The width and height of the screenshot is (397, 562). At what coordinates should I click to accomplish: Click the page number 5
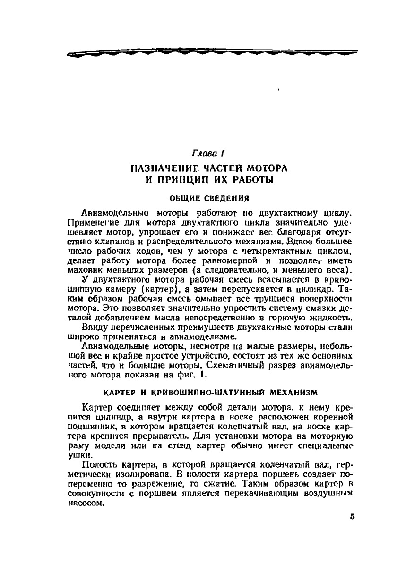(352, 517)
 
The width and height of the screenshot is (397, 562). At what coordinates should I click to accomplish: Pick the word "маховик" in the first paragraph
(85, 270)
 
